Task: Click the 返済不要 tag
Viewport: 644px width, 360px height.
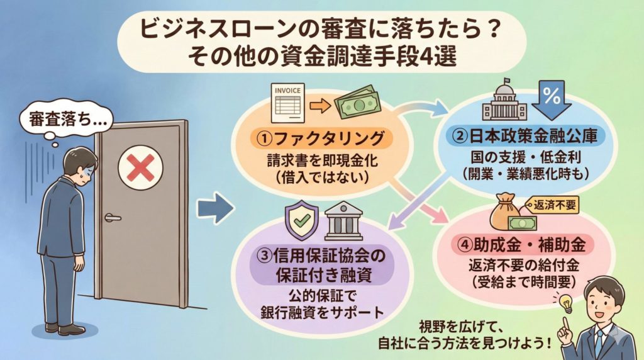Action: pos(552,204)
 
